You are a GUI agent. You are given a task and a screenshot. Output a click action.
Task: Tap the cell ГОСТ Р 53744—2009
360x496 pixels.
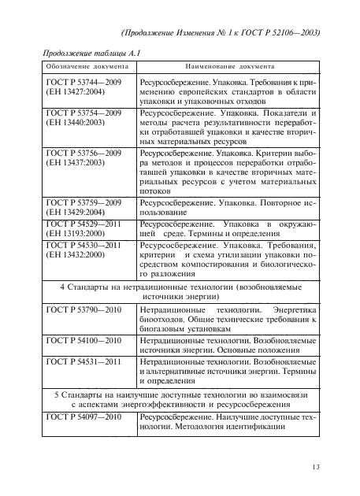pyautogui.click(x=84, y=81)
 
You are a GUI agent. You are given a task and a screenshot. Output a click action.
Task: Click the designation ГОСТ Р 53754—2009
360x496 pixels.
pyautogui.click(x=84, y=114)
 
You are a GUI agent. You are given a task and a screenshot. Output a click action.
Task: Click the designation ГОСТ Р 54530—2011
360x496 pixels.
pyautogui.click(x=84, y=246)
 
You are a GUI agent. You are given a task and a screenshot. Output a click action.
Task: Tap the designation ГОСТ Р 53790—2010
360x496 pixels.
pyautogui.click(x=84, y=312)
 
